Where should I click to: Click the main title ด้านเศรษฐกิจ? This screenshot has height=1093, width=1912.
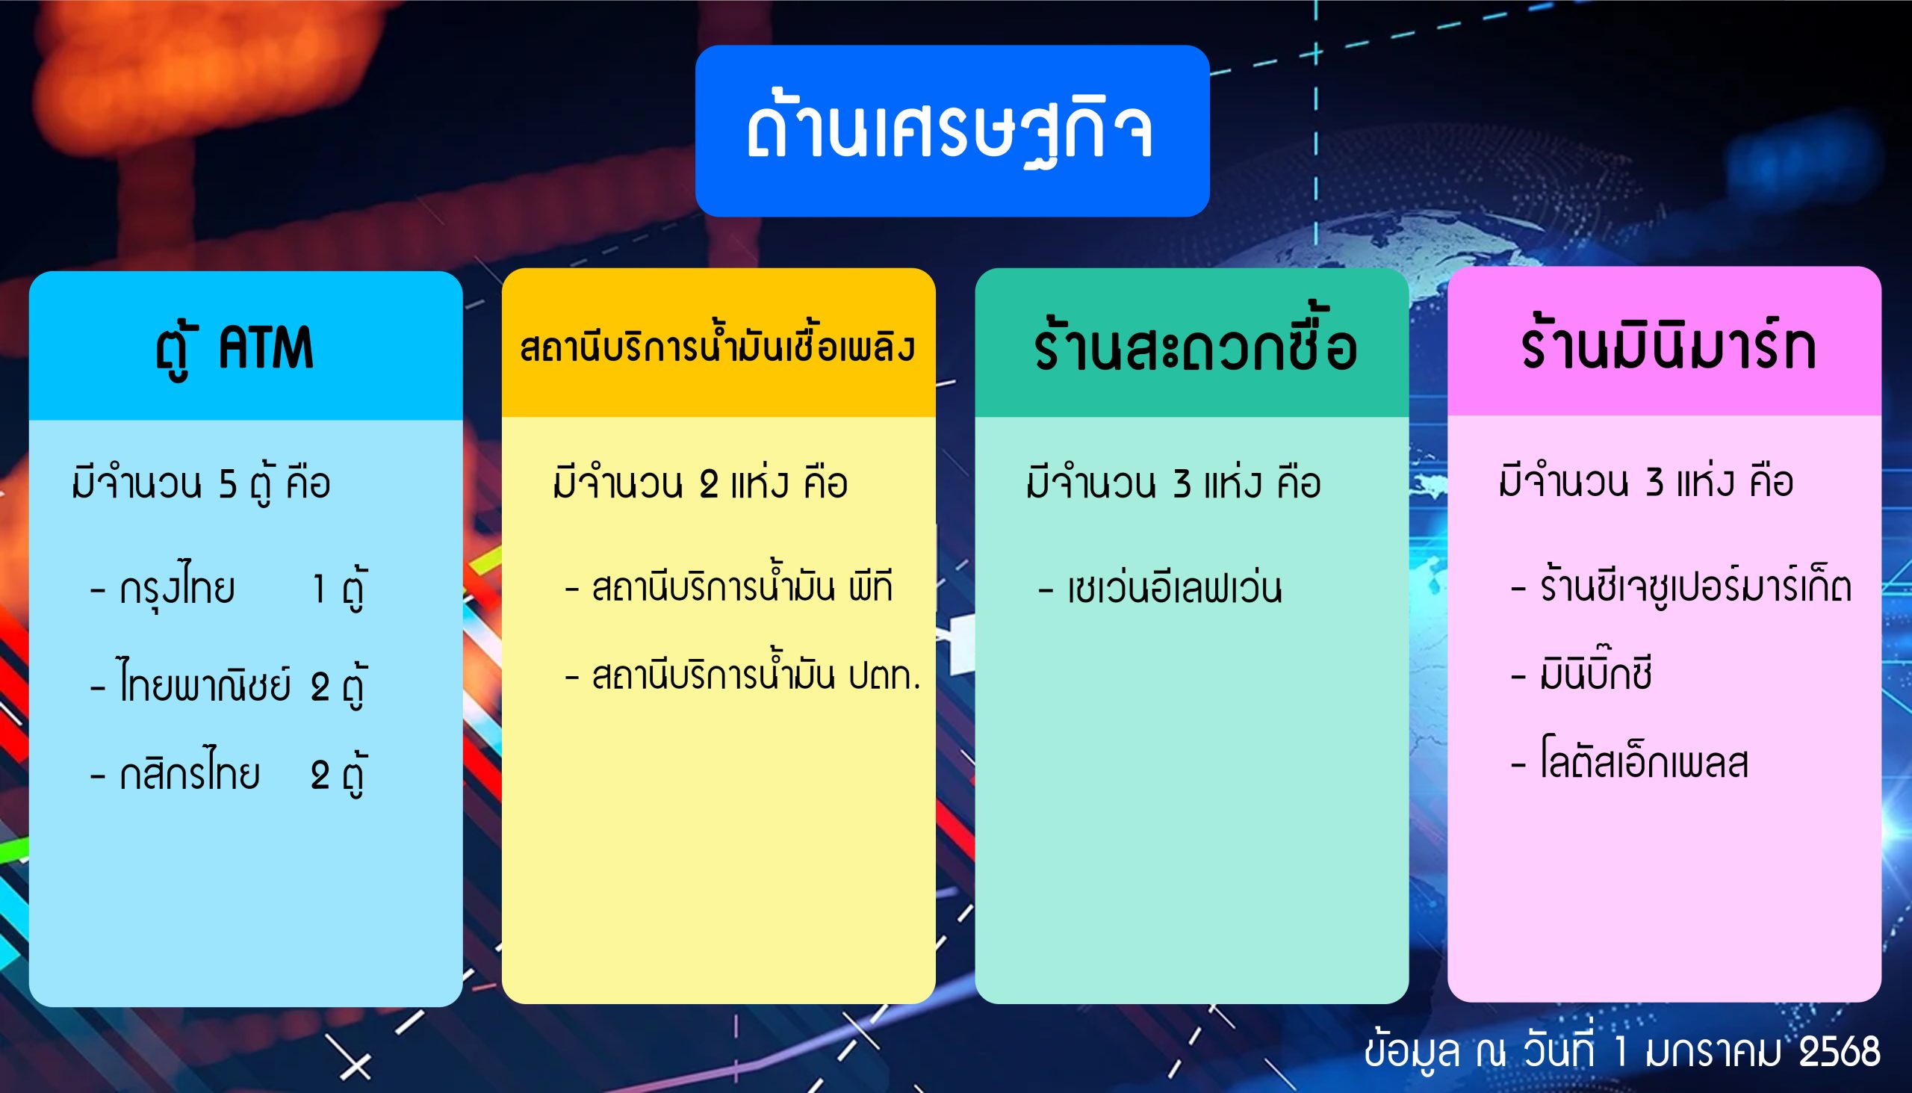click(x=950, y=129)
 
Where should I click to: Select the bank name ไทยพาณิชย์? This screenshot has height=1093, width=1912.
click(x=205, y=680)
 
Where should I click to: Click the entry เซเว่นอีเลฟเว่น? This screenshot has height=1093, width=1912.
click(x=1174, y=588)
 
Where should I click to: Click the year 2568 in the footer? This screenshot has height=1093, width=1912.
click(x=1840, y=1051)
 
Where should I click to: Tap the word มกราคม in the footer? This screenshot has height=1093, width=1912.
click(x=1713, y=1051)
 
